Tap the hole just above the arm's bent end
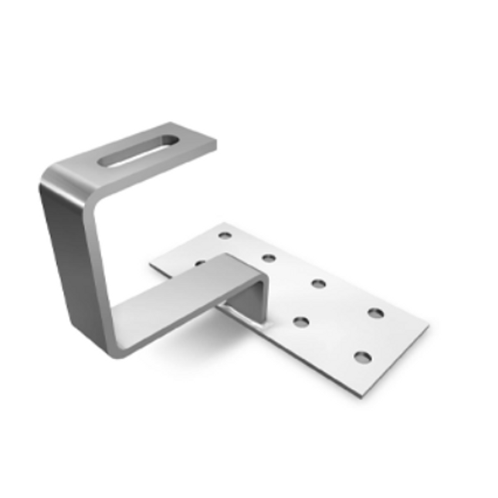(x=269, y=257)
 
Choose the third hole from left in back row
(x=317, y=283)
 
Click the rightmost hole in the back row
(x=375, y=313)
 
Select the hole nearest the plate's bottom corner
(x=361, y=357)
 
